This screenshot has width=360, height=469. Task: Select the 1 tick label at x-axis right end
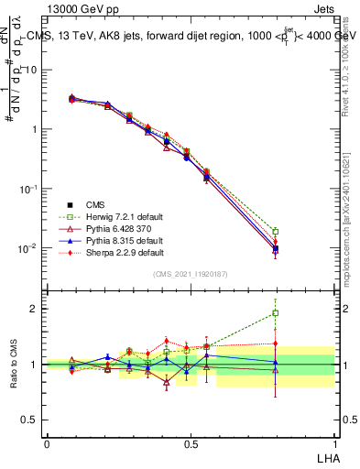point(333,442)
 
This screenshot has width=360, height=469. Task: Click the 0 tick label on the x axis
point(47,442)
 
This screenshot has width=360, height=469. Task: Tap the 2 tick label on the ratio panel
point(36,309)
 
